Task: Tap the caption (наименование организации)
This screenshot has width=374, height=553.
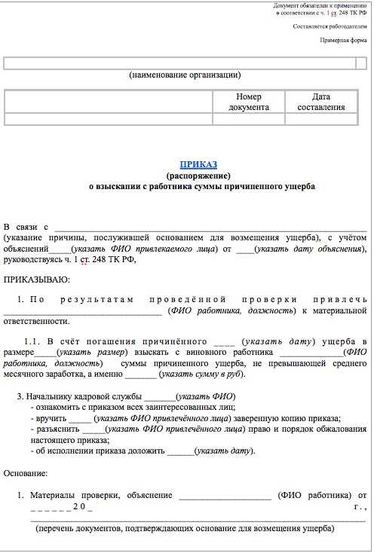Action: pos(185,75)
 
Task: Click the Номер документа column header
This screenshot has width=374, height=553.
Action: pos(249,102)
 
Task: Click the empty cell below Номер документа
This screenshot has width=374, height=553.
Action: pos(249,119)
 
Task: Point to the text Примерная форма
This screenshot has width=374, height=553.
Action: pos(344,40)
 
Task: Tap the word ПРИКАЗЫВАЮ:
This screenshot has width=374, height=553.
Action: pos(37,280)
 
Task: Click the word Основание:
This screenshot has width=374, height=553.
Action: pos(26,473)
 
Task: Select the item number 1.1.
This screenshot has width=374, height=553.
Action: pos(33,342)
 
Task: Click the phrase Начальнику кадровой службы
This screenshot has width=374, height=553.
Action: pos(84,396)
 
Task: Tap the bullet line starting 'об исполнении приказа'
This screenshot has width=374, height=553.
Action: pos(143,451)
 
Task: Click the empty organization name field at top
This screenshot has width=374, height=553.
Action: pos(185,63)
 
